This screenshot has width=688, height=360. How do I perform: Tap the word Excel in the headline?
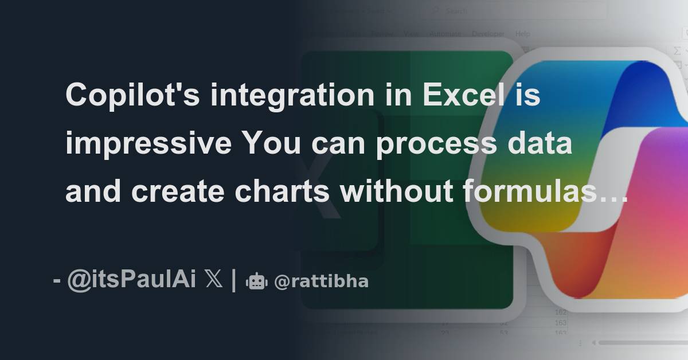coord(462,95)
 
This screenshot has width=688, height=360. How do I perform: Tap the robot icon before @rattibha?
coord(256,281)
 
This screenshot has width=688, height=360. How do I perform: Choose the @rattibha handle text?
coord(321,281)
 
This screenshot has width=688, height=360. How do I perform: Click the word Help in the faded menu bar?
coord(522,34)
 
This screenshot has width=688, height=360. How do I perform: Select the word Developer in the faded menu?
coord(487,34)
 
